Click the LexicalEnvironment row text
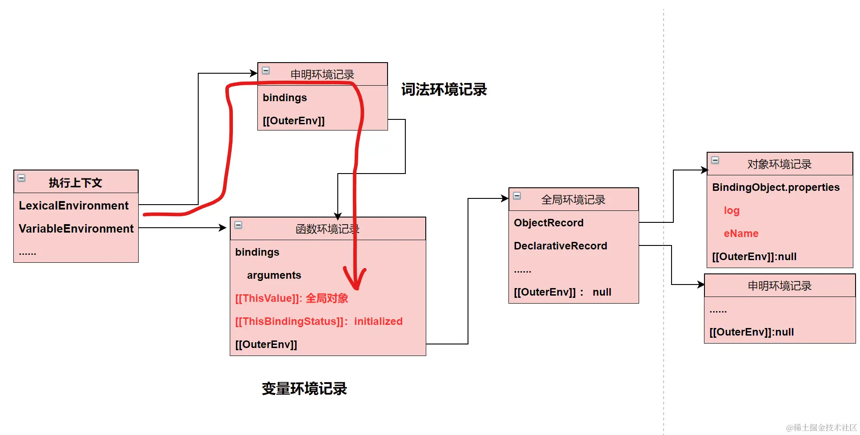(x=73, y=206)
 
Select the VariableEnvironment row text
(x=76, y=229)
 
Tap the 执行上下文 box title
(x=76, y=182)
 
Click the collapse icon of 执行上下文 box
(x=21, y=178)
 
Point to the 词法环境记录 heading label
(x=444, y=89)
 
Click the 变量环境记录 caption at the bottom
(x=304, y=388)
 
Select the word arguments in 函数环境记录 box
(x=274, y=275)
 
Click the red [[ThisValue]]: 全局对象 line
(x=292, y=298)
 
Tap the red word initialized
(x=378, y=321)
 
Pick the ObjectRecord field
(x=548, y=223)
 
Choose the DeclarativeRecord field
(x=560, y=246)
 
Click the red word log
(x=732, y=211)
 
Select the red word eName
(x=741, y=233)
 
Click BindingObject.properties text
(x=776, y=187)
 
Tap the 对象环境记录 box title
(x=779, y=164)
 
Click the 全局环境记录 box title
(x=573, y=200)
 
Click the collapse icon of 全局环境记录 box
(x=517, y=196)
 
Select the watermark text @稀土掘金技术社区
(x=821, y=427)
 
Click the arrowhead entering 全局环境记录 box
(x=505, y=198)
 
